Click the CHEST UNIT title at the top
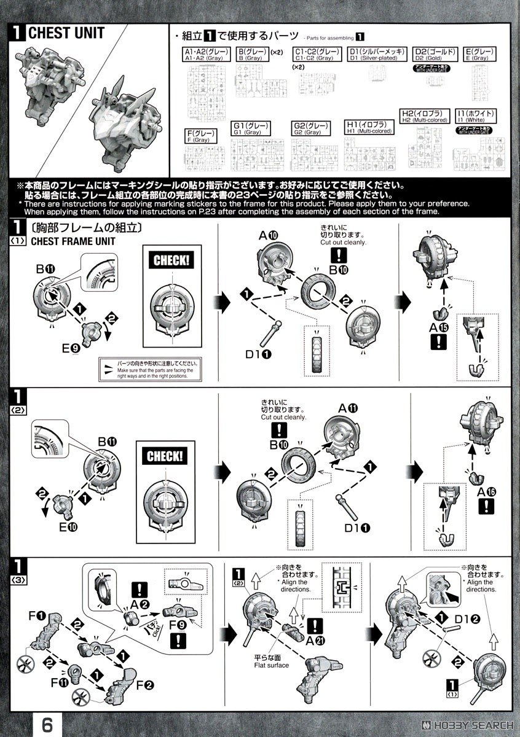[x=66, y=33]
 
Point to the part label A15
[x=439, y=327]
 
